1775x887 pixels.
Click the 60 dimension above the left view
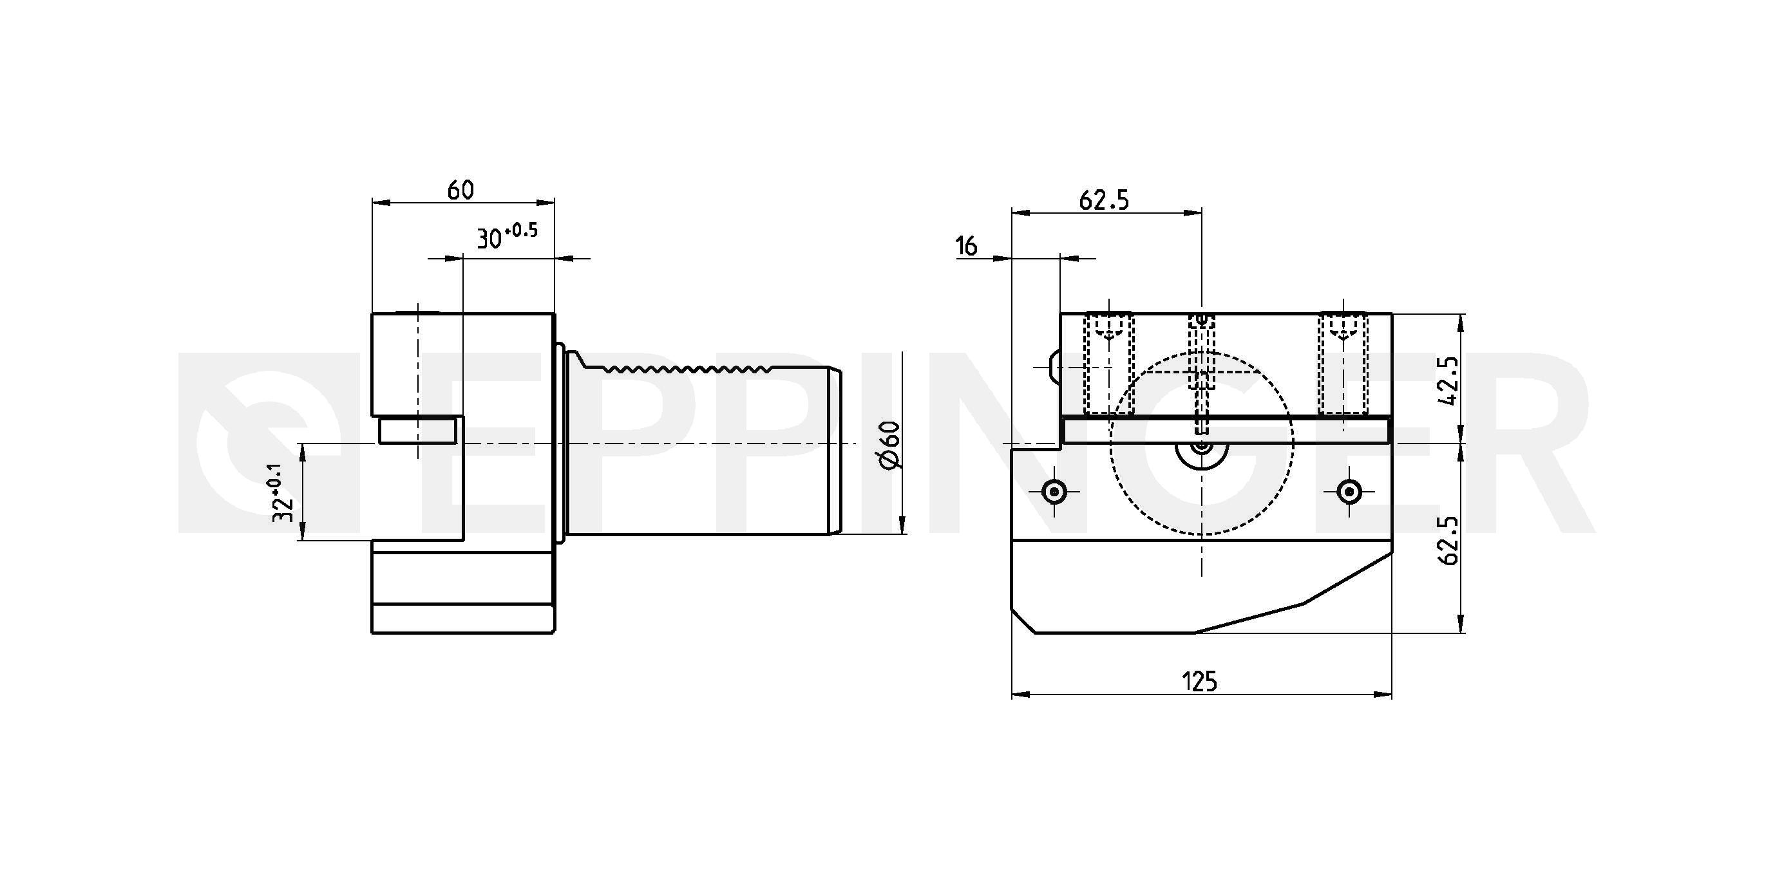pos(460,190)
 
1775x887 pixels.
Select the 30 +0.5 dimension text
pos(506,236)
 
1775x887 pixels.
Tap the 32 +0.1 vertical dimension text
pos(282,492)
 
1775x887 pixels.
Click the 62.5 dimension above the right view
pos(1104,200)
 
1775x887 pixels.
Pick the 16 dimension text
pos(967,246)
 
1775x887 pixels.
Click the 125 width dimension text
pos(1200,682)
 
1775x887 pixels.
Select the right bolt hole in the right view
pos(1349,492)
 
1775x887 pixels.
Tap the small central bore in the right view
pos(1202,445)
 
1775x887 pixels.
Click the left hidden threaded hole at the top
pos(1109,364)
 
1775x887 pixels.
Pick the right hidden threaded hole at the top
pos(1343,364)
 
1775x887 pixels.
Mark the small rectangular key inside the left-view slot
pos(417,432)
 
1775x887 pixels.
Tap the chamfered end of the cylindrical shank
pos(836,452)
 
